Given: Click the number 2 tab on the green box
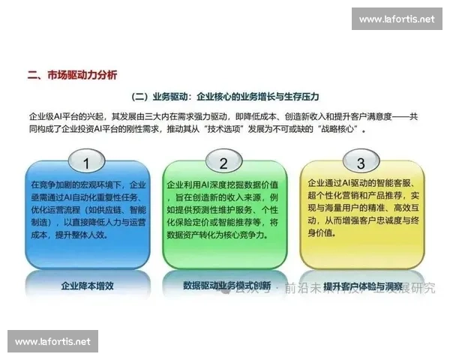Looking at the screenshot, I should tap(223, 163).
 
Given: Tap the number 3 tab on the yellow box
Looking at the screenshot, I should tap(361, 163).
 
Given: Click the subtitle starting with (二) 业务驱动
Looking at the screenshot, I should tap(225, 97).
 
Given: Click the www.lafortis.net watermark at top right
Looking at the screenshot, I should tap(396, 18).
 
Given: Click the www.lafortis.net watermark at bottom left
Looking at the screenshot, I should tap(53, 341).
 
